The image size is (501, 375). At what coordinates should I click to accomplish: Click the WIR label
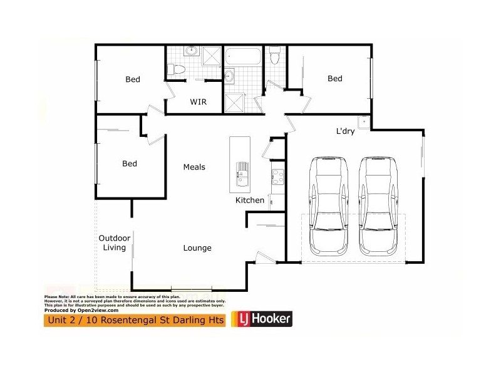tap(198, 101)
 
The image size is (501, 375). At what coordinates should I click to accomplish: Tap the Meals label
tap(194, 167)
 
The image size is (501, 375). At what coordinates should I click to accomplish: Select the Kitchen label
tap(249, 201)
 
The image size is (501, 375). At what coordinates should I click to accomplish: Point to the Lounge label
tap(197, 248)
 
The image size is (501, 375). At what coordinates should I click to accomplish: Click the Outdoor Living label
tap(115, 242)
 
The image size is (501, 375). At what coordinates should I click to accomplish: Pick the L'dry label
tap(346, 131)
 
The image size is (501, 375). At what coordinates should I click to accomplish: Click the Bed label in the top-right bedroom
tap(335, 79)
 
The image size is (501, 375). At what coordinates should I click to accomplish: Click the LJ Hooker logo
tap(262, 319)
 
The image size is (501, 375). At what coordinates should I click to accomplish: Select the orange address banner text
tap(134, 320)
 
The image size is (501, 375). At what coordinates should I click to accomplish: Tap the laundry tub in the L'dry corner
tap(362, 121)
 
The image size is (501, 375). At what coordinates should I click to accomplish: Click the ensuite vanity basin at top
tap(192, 52)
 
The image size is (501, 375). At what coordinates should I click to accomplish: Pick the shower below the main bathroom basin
tap(235, 101)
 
